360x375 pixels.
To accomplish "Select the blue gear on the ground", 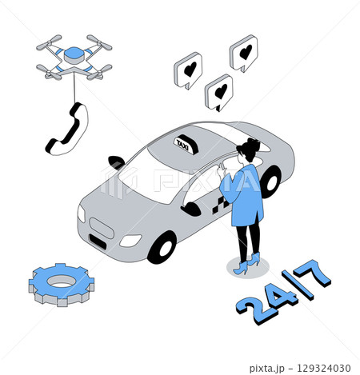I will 62,283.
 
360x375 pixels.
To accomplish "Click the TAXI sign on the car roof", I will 184,143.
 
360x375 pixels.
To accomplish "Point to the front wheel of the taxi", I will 162,246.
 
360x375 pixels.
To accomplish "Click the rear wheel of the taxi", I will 270,182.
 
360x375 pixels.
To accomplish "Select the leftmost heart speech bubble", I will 188,70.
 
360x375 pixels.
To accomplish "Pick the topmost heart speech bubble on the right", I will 244,54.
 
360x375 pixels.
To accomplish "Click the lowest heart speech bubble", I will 219,91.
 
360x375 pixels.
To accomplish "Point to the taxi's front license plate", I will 102,240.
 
